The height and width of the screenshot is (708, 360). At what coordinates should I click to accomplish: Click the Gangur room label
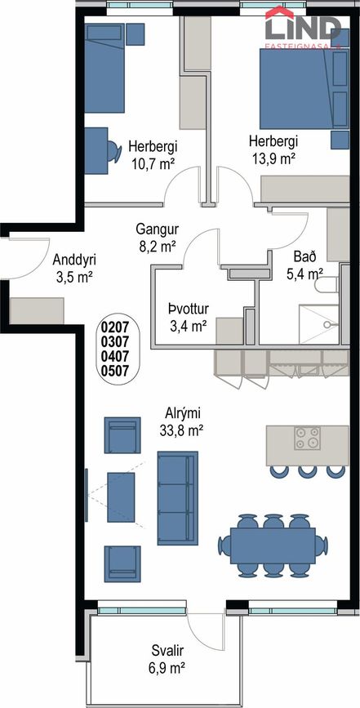157,238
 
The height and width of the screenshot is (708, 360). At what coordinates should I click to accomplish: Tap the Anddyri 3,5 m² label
74,268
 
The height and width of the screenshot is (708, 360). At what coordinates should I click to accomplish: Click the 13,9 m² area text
273,158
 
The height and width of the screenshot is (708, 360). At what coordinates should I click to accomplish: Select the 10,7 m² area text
153,163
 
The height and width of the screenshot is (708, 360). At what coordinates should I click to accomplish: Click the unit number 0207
116,326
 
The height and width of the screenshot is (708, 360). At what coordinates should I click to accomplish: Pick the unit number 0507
116,372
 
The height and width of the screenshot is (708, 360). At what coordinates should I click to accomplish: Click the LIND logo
303,26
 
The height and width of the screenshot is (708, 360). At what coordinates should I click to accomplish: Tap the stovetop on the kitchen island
307,438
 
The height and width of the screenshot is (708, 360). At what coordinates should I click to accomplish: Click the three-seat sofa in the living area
177,498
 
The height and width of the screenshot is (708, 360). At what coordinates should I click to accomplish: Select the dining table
273,545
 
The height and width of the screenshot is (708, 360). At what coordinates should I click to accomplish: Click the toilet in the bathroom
326,285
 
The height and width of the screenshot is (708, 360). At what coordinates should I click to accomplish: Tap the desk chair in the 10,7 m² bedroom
114,151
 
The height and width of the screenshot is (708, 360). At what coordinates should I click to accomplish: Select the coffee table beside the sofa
121,497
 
